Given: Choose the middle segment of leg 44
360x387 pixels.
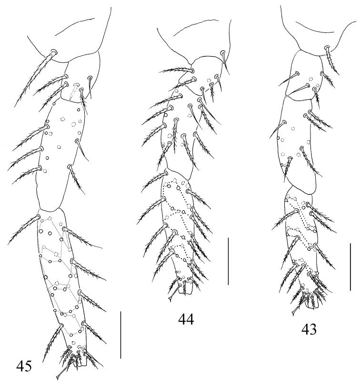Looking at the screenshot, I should [179, 133].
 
